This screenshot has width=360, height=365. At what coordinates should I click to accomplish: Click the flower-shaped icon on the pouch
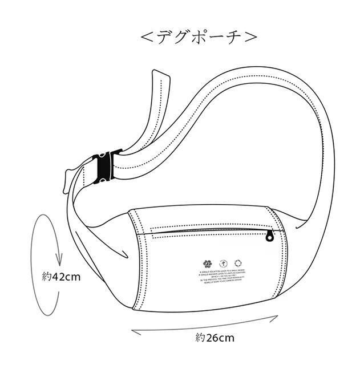(206, 263)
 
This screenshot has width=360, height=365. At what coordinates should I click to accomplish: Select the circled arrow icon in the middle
(223, 263)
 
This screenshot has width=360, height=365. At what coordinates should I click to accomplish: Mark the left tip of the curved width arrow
(132, 329)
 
